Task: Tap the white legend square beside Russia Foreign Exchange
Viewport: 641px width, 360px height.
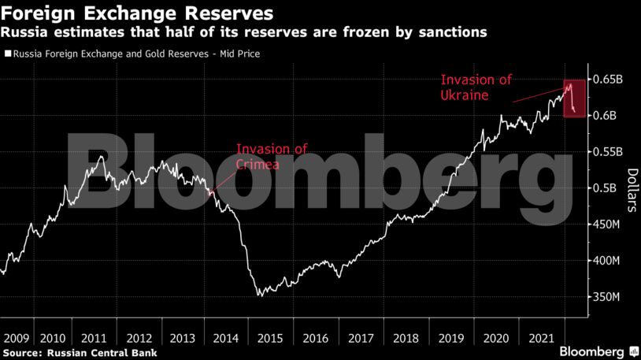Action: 8,54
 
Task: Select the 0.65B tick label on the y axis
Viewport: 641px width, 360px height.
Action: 610,80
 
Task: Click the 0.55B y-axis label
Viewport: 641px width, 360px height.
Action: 610,152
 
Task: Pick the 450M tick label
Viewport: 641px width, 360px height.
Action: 609,225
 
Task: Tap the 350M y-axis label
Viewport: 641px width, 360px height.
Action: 609,297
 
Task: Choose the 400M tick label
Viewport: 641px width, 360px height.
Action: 609,261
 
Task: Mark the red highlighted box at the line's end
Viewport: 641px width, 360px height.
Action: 575,98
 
